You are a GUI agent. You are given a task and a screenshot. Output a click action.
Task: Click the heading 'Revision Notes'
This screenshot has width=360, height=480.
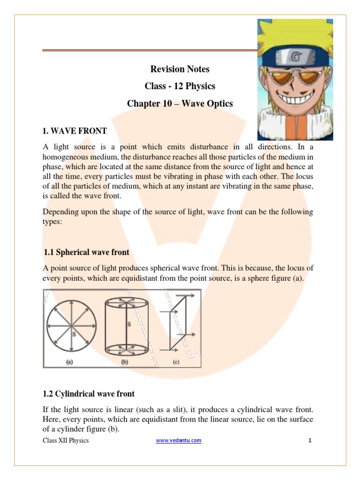[180, 69]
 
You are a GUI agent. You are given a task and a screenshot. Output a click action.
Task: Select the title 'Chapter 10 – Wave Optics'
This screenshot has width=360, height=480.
[180, 103]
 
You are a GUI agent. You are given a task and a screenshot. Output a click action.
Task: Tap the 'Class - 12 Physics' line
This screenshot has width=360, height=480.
[180, 86]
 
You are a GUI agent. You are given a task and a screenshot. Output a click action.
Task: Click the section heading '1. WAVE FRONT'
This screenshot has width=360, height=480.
[75, 130]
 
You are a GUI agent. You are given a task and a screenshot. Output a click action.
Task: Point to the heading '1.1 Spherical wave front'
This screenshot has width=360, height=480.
[86, 252]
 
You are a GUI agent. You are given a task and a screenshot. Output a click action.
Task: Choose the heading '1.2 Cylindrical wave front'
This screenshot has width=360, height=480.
[89, 393]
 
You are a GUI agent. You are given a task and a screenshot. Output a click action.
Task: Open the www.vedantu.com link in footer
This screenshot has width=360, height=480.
[179, 440]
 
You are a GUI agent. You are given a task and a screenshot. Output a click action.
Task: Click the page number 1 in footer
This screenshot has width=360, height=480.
[310, 440]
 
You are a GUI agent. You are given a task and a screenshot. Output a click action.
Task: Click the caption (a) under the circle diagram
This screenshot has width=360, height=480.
[69, 361]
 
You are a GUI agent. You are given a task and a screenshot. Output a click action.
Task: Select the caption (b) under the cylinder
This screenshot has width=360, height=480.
[125, 361]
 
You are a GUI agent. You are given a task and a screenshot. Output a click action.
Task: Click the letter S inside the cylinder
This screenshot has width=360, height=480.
[128, 324]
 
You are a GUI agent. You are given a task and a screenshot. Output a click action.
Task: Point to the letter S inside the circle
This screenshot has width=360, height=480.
[74, 333]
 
